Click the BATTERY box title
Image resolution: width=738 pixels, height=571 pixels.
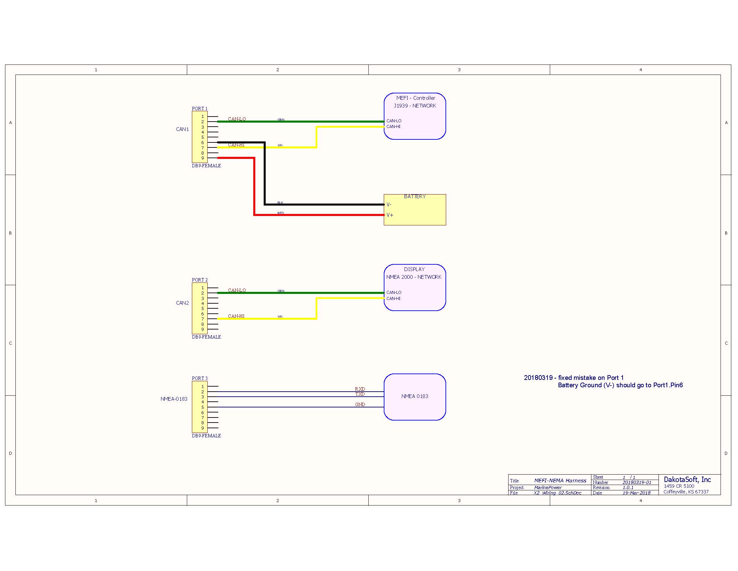[415, 196]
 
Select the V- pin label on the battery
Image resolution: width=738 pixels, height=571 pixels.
[389, 204]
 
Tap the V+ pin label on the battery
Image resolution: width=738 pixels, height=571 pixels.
[390, 215]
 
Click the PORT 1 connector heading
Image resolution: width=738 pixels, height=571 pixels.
[200, 108]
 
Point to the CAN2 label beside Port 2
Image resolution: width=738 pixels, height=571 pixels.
[182, 303]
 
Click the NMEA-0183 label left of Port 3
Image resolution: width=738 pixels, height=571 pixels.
[174, 399]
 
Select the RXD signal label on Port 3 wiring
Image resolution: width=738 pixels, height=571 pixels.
[360, 389]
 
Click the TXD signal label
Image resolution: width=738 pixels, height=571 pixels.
[360, 394]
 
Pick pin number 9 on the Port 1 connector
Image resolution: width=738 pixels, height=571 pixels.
[203, 158]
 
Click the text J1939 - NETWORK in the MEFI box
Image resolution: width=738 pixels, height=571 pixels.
[415, 105]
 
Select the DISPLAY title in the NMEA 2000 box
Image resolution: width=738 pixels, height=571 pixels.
[414, 269]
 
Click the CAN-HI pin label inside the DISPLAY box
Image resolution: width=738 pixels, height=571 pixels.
[393, 298]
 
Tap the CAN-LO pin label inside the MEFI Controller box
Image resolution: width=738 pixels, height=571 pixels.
[394, 121]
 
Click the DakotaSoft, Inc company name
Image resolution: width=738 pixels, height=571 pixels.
[687, 479]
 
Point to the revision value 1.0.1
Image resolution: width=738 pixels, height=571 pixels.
[628, 487]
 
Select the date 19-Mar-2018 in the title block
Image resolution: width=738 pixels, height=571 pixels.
[636, 493]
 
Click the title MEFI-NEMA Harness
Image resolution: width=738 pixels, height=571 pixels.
[560, 480]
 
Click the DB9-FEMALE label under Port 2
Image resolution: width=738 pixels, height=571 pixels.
[206, 337]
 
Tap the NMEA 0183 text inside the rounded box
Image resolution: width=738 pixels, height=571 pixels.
[415, 396]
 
